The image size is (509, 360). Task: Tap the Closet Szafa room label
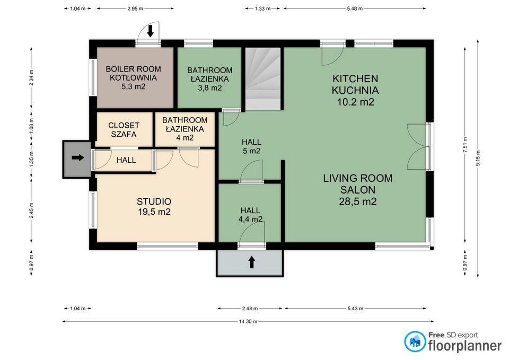pos(124,129)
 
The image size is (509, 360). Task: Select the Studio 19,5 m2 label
pos(154,206)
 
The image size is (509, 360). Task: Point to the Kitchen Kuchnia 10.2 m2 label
pos(355,90)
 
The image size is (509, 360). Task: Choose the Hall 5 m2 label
pos(251,146)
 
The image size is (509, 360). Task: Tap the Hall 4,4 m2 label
pos(250,215)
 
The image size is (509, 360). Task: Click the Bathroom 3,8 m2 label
pos(210,79)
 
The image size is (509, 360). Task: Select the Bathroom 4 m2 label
pos(185,129)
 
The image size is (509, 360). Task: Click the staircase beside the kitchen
pos(262,78)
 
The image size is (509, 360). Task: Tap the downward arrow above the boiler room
pos(150,31)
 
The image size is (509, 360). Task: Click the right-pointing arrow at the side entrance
pos(78,158)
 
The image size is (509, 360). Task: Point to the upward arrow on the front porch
pos(251,262)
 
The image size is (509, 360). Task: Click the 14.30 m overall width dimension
pos(248,321)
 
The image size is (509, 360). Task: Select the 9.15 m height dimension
pos(478,158)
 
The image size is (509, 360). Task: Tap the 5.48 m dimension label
pos(355,9)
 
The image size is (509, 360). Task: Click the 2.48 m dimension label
pos(250,309)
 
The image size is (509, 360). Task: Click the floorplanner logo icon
pos(415,341)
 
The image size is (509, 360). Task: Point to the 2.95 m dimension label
pos(135,9)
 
